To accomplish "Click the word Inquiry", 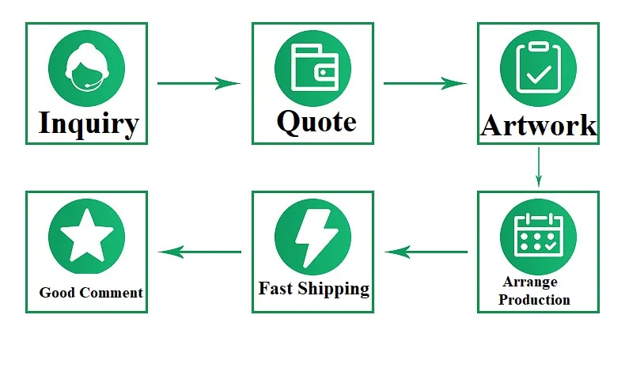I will [88, 123].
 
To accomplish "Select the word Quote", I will [316, 121].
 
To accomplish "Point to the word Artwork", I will [538, 125].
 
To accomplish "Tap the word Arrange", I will [529, 282].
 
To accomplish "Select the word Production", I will [534, 300].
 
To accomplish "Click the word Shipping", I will [333, 289].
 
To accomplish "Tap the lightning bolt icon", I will [312, 236].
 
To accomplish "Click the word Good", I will [57, 293].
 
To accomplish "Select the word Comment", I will [111, 293].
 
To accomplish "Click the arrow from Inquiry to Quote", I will [199, 82].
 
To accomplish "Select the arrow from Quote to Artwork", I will [425, 82].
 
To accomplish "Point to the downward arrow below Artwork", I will [538, 167].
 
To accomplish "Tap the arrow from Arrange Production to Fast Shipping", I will [426, 252].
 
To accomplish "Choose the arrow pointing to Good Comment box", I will [199, 252].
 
